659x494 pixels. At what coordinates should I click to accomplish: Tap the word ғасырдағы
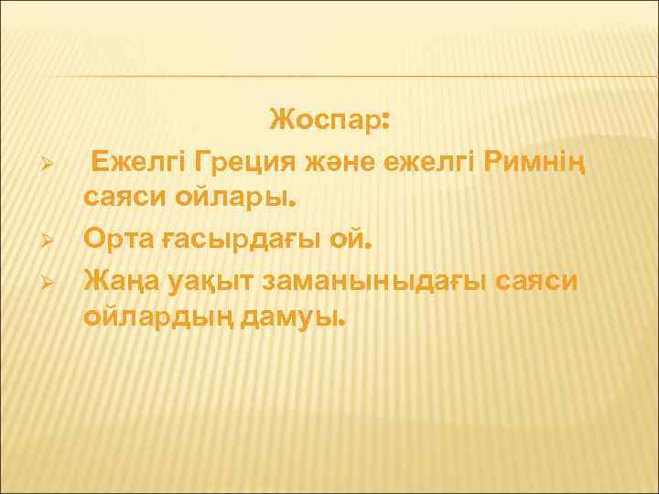pyautogui.click(x=233, y=241)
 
